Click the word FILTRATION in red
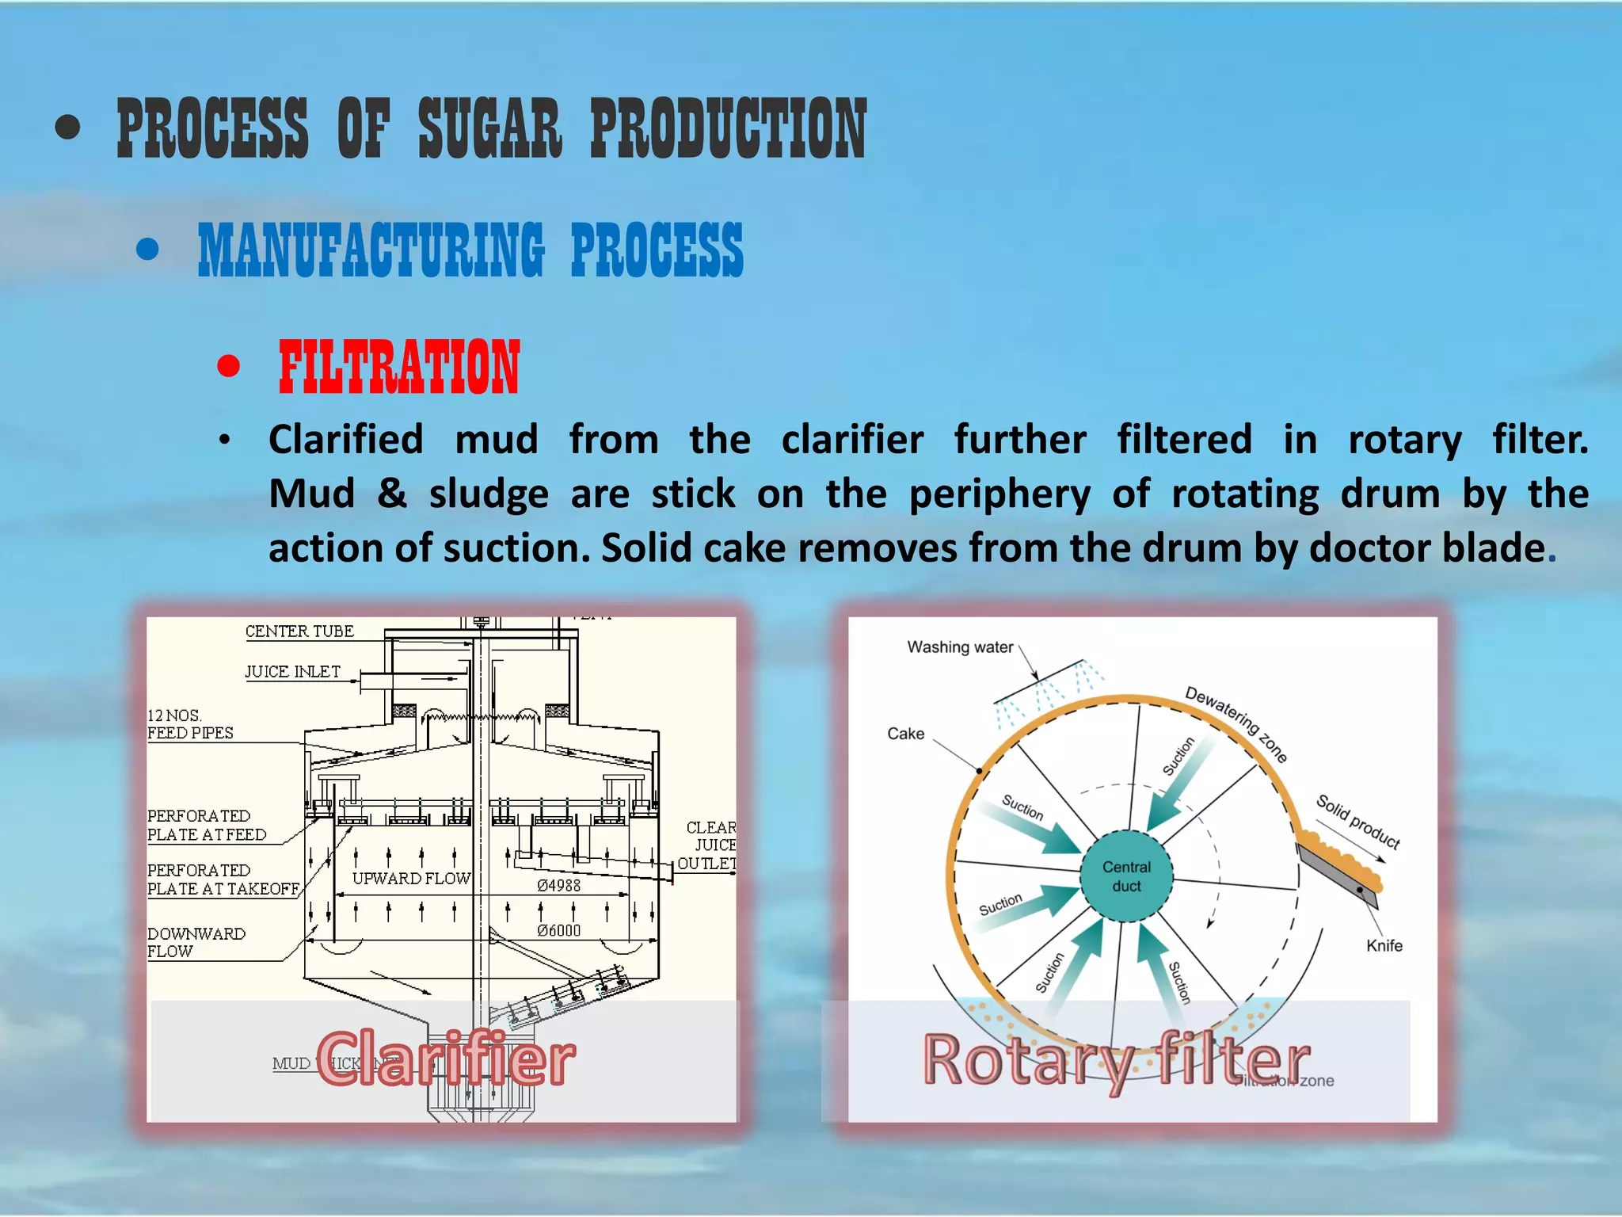(x=398, y=367)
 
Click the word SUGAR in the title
(x=489, y=128)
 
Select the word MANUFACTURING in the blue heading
(x=371, y=250)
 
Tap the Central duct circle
(x=1125, y=876)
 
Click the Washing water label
(x=959, y=647)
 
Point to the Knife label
(x=1384, y=945)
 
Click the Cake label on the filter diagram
(x=905, y=734)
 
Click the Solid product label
(x=1357, y=821)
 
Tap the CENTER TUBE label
(x=299, y=631)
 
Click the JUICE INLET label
(x=292, y=672)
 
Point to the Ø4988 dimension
(x=558, y=886)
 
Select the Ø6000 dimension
(x=558, y=931)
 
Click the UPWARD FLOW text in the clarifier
(x=411, y=879)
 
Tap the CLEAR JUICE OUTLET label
(x=708, y=845)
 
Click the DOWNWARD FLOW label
(x=196, y=942)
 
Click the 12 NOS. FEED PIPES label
(x=190, y=724)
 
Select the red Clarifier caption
(x=446, y=1059)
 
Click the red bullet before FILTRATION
(x=229, y=366)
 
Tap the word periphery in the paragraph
(x=999, y=494)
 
